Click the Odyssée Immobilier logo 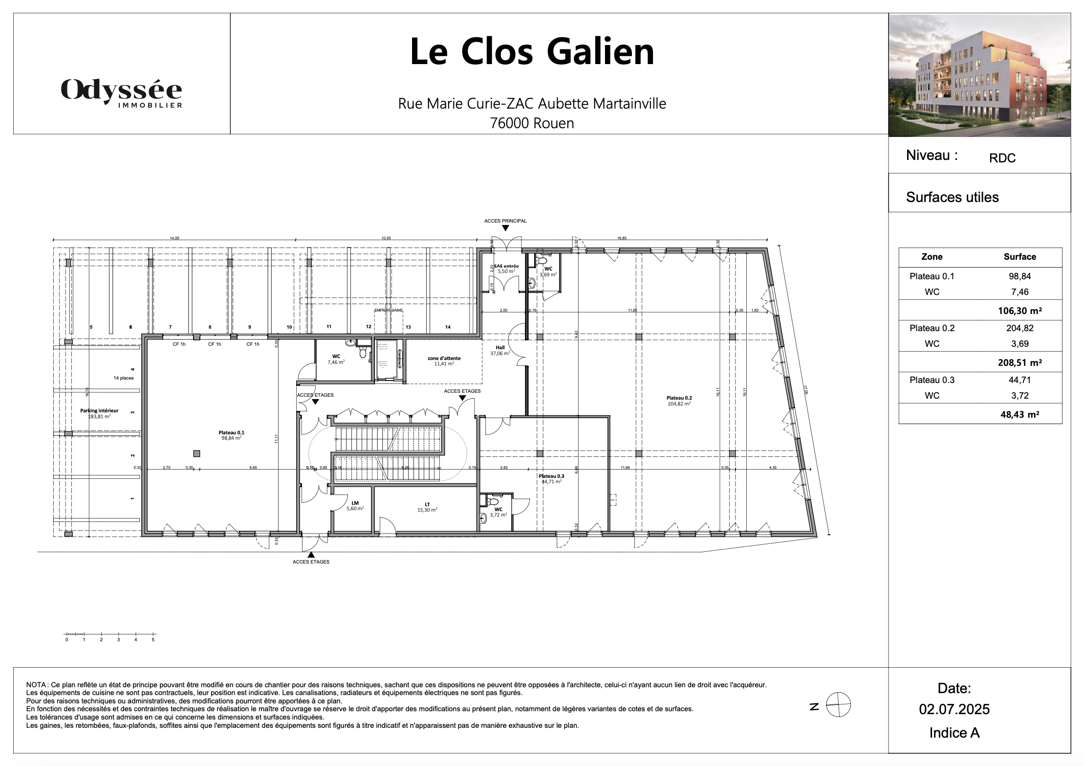click(x=121, y=92)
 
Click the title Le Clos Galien click(x=532, y=52)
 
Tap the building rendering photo click(x=979, y=75)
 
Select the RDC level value click(x=1002, y=158)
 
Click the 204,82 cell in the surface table click(x=1019, y=328)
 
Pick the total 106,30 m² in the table click(x=1019, y=311)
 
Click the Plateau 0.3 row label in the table click(x=932, y=380)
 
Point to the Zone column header click(x=932, y=257)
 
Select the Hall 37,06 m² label click(x=500, y=350)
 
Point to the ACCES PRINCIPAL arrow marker click(x=505, y=228)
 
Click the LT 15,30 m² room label click(x=427, y=507)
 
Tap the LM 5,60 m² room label click(x=355, y=505)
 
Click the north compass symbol click(x=838, y=705)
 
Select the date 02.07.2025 click(x=954, y=709)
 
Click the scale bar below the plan click(x=110, y=635)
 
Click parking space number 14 click(x=448, y=327)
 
